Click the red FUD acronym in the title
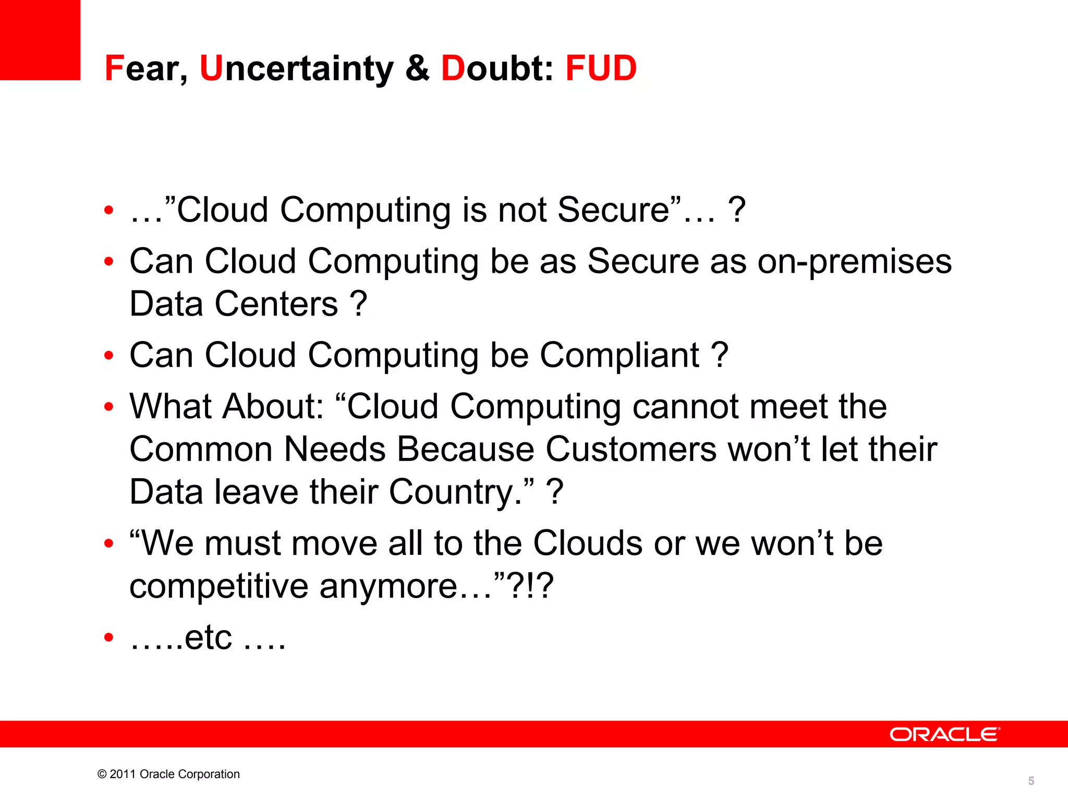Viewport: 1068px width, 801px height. [601, 68]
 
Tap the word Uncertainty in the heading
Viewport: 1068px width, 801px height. [296, 68]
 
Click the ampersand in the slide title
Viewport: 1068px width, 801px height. [417, 68]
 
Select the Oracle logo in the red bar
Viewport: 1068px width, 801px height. [944, 734]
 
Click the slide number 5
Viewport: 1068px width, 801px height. [1031, 781]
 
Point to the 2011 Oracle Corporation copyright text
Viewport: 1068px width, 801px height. [168, 774]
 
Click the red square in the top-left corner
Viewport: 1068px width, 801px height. [40, 40]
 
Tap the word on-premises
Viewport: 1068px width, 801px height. [854, 262]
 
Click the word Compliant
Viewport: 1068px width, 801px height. [619, 356]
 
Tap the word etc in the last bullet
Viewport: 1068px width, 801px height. [208, 638]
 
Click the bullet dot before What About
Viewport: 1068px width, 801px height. [108, 407]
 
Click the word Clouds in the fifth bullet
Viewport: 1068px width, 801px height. [588, 543]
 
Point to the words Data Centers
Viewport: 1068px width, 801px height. [234, 305]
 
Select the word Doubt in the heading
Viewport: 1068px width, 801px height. [496, 68]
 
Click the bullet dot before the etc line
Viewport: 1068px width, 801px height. [108, 638]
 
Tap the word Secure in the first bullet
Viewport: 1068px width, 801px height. [613, 211]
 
